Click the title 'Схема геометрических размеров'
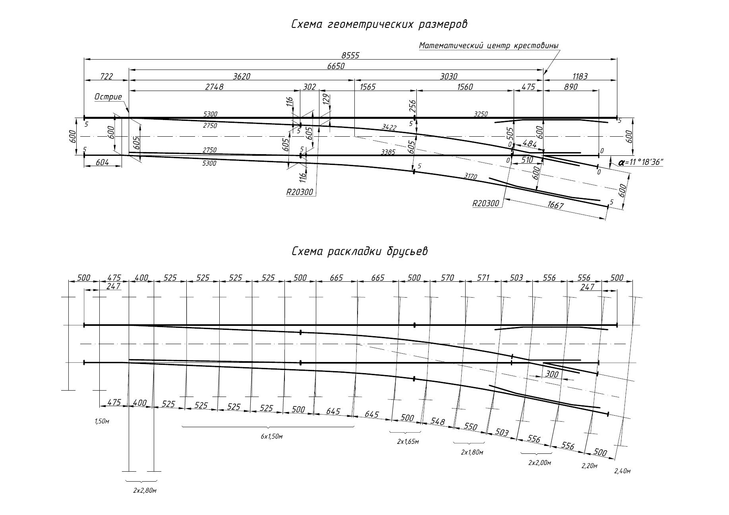[x=379, y=24]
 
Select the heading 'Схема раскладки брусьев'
[x=360, y=252]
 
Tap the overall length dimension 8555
[x=350, y=56]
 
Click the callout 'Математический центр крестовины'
[x=489, y=45]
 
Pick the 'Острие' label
[x=108, y=97]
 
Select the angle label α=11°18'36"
[x=640, y=163]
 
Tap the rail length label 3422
[x=389, y=127]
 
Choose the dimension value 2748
[x=214, y=87]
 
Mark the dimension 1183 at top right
[x=580, y=76]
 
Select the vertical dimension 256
[x=413, y=106]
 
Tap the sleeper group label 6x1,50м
[x=272, y=436]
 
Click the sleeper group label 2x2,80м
[x=145, y=491]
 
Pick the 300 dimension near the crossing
[x=552, y=374]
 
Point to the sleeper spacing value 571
[x=483, y=278]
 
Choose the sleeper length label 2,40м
[x=622, y=471]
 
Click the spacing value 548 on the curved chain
[x=437, y=422]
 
